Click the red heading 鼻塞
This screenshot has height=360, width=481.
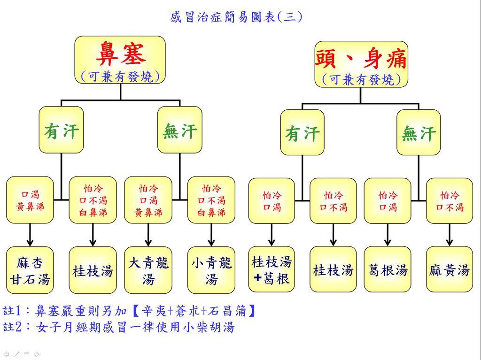point(120,54)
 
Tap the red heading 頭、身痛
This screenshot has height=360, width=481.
point(361,59)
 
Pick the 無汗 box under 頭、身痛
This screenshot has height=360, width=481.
point(419,133)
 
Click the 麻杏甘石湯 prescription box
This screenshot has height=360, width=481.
point(30,271)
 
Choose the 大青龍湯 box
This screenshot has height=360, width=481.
point(148,271)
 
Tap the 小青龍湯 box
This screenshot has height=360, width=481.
point(211,271)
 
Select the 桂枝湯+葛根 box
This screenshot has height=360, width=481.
point(271,270)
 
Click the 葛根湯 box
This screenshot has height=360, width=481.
point(388,270)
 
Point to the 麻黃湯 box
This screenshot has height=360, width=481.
point(450,270)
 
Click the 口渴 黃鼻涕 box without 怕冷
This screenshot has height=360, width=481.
point(30,200)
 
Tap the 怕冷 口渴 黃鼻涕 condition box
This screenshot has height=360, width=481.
point(148,200)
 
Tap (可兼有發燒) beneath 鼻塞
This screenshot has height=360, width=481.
point(120,77)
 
